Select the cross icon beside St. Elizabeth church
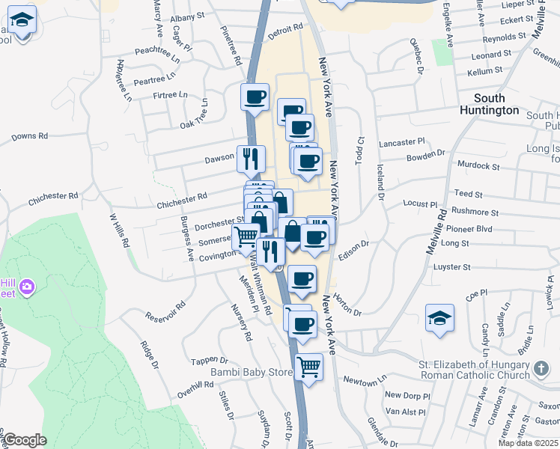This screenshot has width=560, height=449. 542,370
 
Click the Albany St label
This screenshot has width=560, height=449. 187,16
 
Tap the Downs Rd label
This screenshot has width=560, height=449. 30,137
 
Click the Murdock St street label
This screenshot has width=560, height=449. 480,165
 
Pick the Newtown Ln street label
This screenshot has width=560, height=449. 365,381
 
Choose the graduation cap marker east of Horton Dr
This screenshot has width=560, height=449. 439,318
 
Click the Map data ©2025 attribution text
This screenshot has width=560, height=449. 529,443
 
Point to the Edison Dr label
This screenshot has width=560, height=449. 354,248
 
